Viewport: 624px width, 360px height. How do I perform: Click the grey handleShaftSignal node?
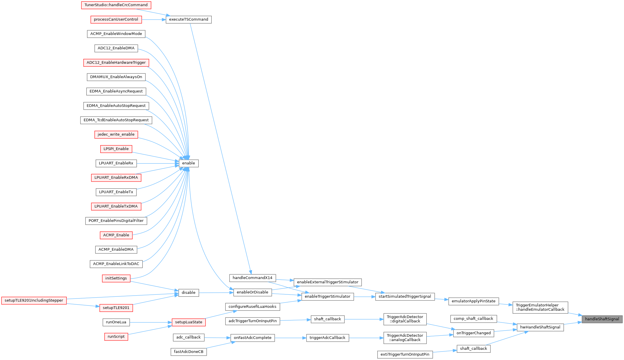coord(602,319)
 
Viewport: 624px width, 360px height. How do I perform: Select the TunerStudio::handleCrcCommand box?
coord(116,5)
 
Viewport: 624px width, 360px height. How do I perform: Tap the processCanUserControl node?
coord(116,20)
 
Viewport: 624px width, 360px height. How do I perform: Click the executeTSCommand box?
coord(188,20)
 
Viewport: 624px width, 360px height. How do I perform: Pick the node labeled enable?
coord(188,163)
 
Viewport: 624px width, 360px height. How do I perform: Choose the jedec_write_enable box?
coord(116,134)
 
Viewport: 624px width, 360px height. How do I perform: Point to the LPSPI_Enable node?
coord(116,149)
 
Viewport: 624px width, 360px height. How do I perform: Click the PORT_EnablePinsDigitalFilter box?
coord(116,221)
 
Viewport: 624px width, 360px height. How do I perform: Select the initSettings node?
coord(116,278)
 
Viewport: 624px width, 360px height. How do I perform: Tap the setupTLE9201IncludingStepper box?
coord(34,301)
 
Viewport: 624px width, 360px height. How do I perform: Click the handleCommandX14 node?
coord(253,278)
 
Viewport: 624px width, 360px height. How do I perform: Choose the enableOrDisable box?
coord(253,292)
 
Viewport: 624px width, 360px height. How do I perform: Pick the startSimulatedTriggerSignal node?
coord(405,296)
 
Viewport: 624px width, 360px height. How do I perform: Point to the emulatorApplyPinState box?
coord(474,301)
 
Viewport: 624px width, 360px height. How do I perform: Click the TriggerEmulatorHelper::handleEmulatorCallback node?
coord(540,308)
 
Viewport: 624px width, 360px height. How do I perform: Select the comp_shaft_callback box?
coord(474,319)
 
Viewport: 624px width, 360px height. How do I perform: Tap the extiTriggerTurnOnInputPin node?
coord(405,354)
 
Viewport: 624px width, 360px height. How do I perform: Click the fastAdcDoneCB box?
coord(189,352)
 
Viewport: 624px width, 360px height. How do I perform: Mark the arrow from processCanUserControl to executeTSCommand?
coord(154,20)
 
